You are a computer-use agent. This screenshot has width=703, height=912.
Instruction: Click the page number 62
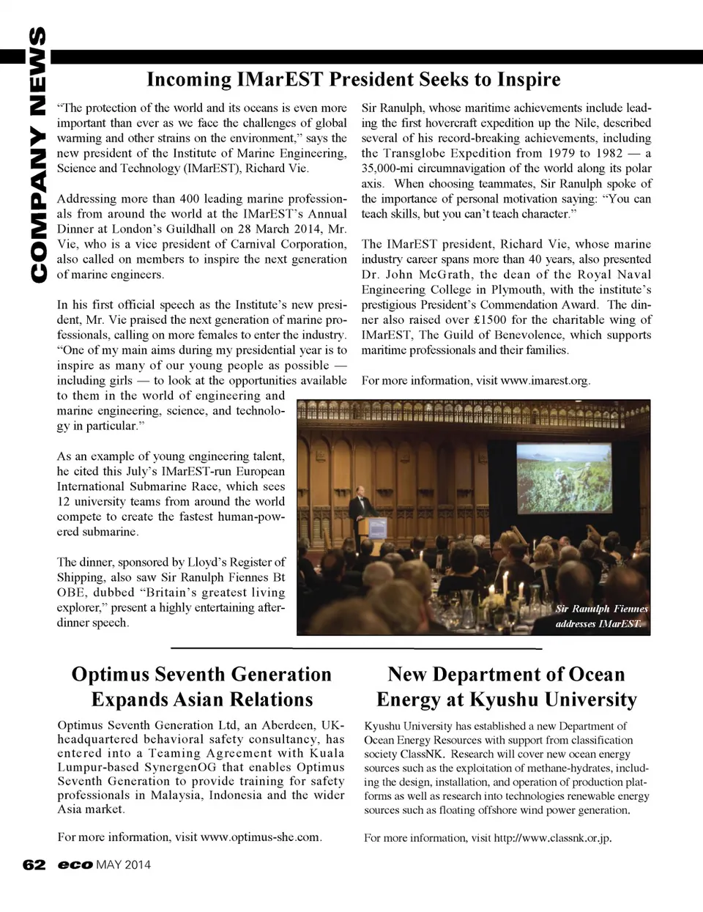coord(34,864)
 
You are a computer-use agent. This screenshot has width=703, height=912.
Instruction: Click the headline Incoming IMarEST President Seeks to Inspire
coord(353,79)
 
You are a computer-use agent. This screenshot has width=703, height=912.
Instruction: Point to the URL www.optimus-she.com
coord(260,837)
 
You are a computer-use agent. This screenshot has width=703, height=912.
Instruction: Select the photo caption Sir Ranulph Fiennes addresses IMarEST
coord(600,616)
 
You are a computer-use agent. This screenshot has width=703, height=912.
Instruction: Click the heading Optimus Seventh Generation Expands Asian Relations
coord(201,686)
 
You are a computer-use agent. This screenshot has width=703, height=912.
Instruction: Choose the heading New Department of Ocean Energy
coord(506,686)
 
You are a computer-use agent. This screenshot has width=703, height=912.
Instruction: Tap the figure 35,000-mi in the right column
coord(392,168)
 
